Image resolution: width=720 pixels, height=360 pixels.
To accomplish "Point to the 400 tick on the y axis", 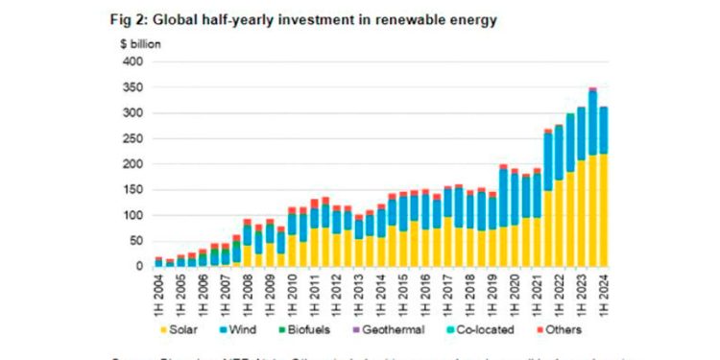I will coord(134,62).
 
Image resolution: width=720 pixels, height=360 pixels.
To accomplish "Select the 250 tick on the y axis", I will coord(134,139).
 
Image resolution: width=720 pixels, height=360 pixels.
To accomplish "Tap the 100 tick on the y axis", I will coord(134,216).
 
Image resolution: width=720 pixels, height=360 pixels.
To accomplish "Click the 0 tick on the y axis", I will coord(141,267).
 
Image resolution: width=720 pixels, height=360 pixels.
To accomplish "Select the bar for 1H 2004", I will coord(158,262).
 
